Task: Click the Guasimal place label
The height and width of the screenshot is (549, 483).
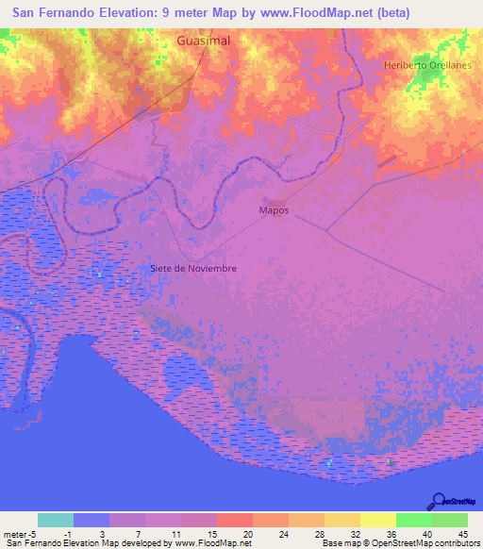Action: click(204, 42)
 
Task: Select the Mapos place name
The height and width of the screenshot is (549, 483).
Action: click(274, 210)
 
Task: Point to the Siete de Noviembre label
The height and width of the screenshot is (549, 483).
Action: click(193, 268)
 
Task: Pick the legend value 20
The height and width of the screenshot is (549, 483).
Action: click(246, 533)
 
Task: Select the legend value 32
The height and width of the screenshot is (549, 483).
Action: click(354, 533)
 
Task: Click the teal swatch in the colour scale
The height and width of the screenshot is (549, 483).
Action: click(56, 520)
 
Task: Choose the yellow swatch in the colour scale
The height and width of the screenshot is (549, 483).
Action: click(378, 520)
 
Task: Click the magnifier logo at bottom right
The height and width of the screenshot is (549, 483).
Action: click(437, 500)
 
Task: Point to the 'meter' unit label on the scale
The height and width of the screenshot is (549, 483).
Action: click(16, 533)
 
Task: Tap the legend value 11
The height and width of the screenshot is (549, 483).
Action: click(175, 533)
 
